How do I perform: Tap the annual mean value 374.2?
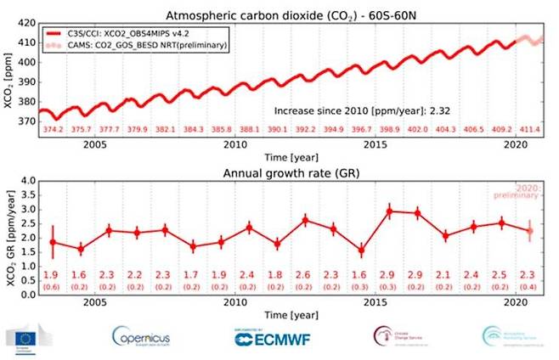[53, 129]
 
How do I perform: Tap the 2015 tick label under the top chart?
[371, 144]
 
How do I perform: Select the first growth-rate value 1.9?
[53, 274]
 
